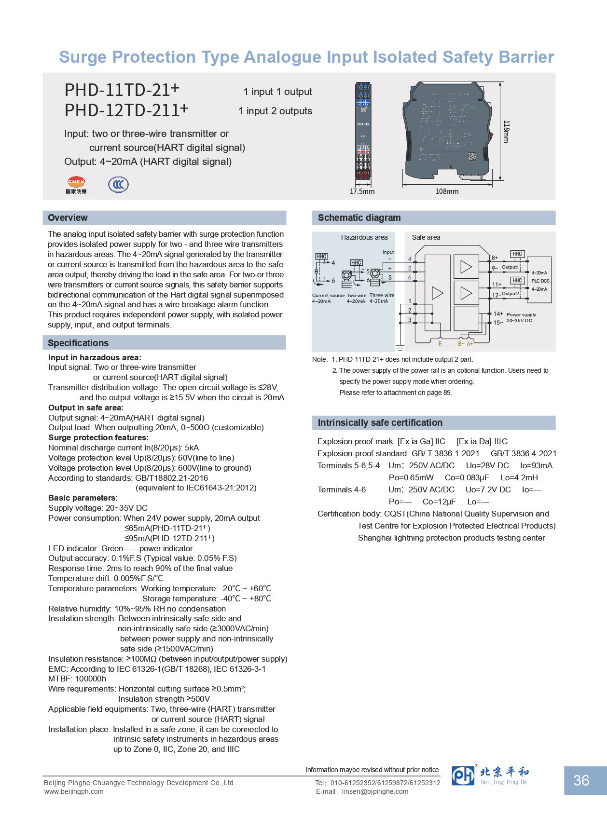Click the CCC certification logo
(x=118, y=184)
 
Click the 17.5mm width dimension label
(x=362, y=191)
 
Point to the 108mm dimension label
(x=447, y=191)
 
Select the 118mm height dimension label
(x=506, y=132)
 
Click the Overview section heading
(x=68, y=217)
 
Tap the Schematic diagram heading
(x=359, y=217)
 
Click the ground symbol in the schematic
(x=400, y=347)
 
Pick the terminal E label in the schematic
(x=440, y=344)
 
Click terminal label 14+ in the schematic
(x=498, y=313)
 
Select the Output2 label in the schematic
(x=510, y=293)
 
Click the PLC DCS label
(x=540, y=281)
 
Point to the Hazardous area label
(x=364, y=237)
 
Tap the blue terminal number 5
(x=410, y=268)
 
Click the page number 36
(x=581, y=780)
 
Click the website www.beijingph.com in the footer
(x=74, y=791)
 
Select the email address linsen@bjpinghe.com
(x=375, y=791)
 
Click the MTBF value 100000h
(x=91, y=679)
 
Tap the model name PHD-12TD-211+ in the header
(x=126, y=110)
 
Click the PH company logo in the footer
(x=463, y=775)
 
